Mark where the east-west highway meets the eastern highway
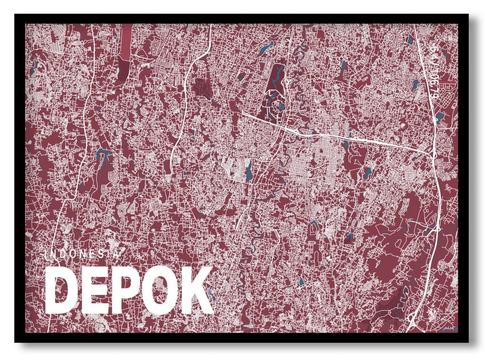434,153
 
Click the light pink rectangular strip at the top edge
126,40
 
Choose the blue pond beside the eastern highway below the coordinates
439,116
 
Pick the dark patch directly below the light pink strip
125,66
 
